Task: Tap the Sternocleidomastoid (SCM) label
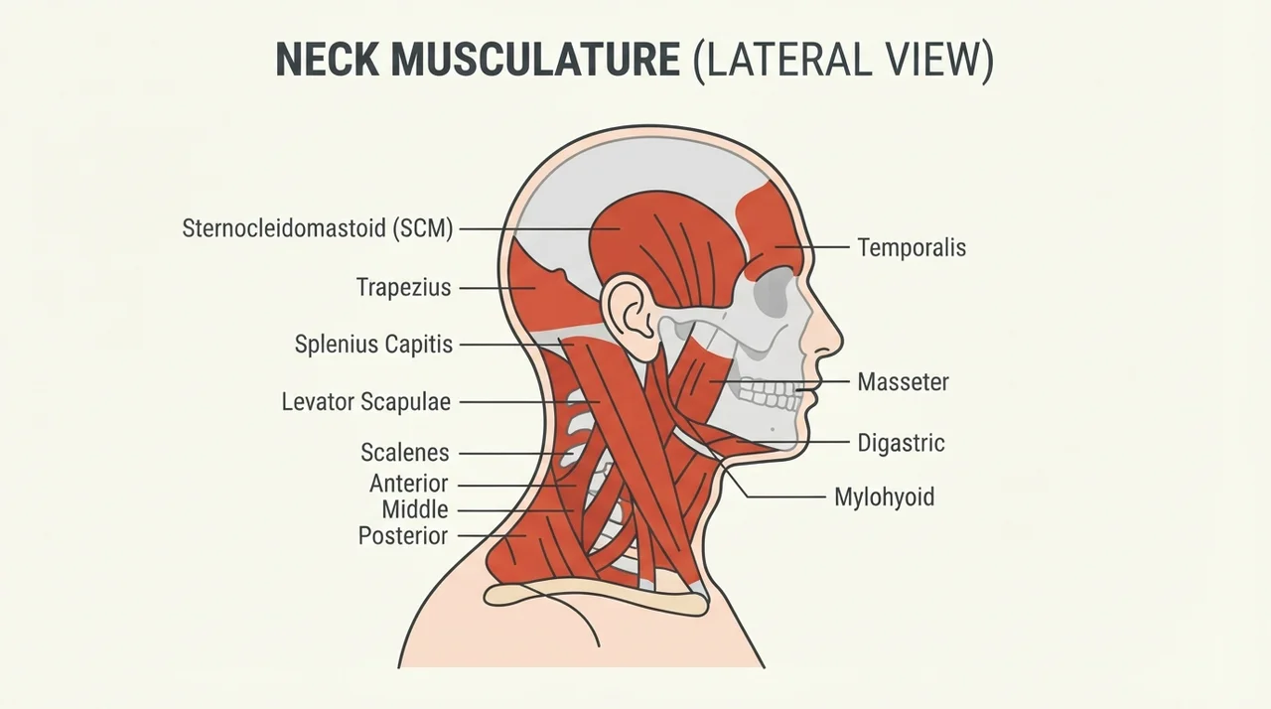318,228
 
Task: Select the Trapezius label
403,288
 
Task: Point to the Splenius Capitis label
374,345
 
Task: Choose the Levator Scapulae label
366,402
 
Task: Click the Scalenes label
405,453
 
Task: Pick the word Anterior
408,484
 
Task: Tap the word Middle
415,509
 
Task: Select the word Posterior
403,536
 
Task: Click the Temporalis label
912,248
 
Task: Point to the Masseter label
903,382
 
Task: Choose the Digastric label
901,443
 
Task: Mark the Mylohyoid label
884,497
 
